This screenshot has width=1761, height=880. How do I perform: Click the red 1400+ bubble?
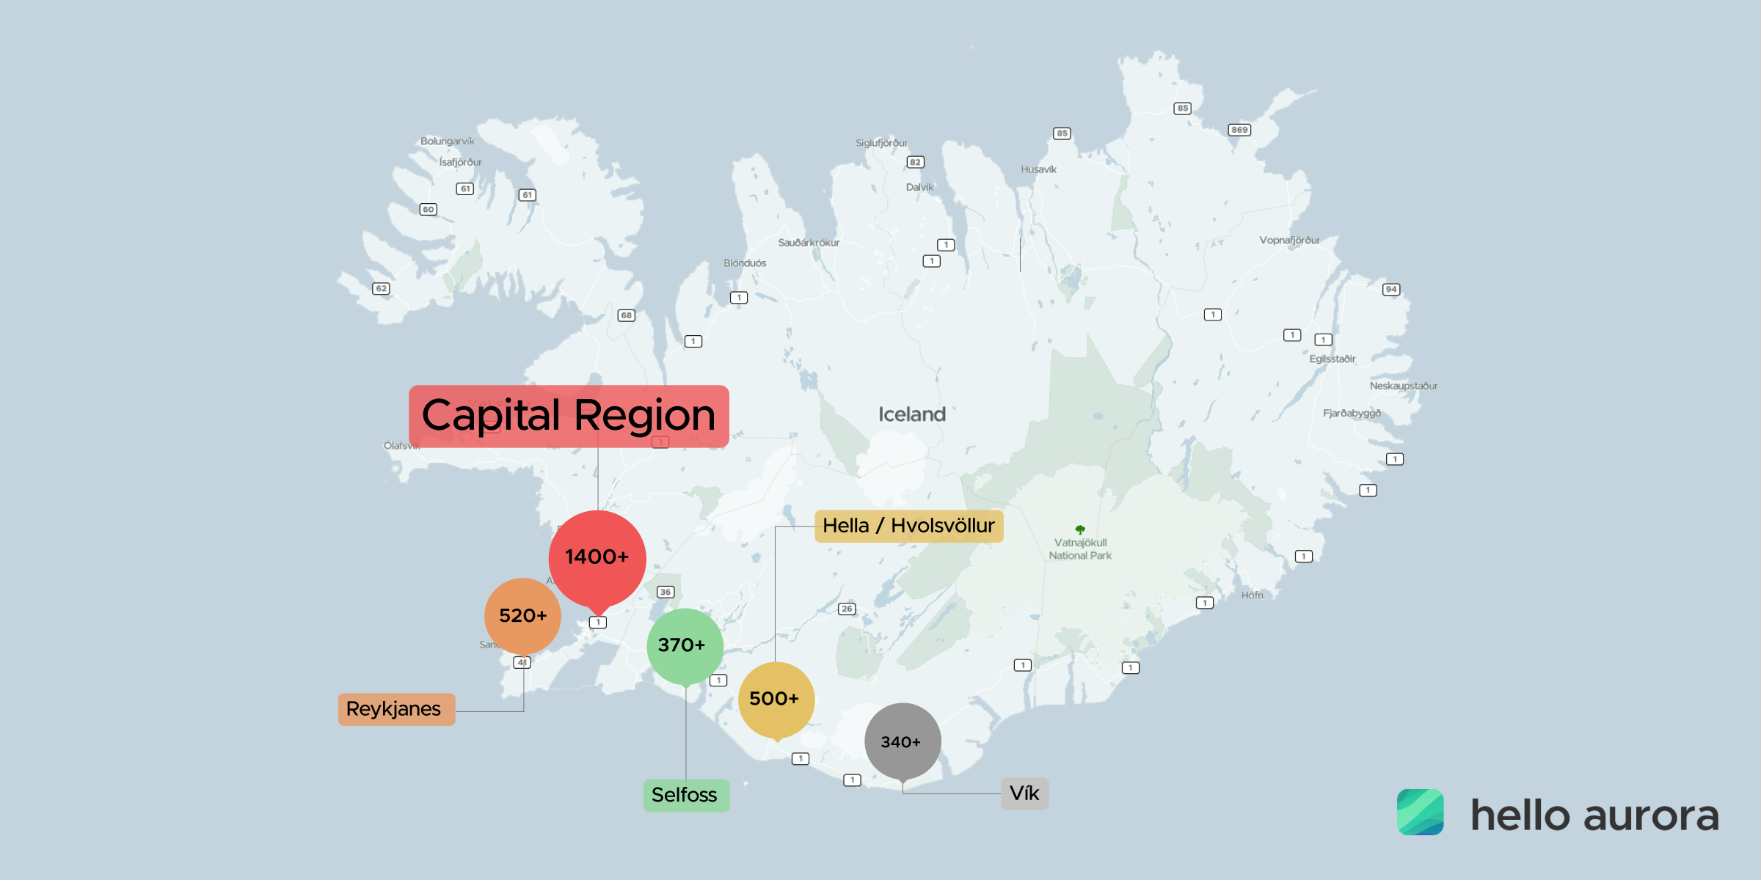coord(597,557)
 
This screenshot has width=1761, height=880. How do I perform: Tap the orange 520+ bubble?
coord(522,616)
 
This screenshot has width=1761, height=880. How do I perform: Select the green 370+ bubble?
coord(685,645)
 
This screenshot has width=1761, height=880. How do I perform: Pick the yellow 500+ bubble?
coord(776,699)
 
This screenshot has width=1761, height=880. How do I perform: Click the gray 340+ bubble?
coord(902,741)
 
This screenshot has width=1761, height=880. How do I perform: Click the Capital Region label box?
coord(569,416)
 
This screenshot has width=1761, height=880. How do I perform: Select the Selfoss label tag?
coord(686,795)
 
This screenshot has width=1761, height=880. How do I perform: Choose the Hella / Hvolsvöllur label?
coord(908,526)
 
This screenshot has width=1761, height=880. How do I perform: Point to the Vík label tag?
coord(1024,793)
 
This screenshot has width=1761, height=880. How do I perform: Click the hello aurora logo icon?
coord(1420,812)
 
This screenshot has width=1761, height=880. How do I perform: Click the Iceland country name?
coord(912,414)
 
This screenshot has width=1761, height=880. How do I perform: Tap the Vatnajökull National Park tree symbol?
coord(1080,529)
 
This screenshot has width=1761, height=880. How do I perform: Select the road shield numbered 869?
coord(1239,130)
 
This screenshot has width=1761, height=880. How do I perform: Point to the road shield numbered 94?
coord(1391,289)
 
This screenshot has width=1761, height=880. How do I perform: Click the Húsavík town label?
coord(1038,169)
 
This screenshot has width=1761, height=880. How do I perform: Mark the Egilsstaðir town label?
coord(1332,359)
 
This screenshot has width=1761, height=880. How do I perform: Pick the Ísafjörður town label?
coord(460,162)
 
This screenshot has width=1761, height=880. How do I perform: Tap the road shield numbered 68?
coord(626,315)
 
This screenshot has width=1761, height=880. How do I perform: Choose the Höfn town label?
coord(1252,595)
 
